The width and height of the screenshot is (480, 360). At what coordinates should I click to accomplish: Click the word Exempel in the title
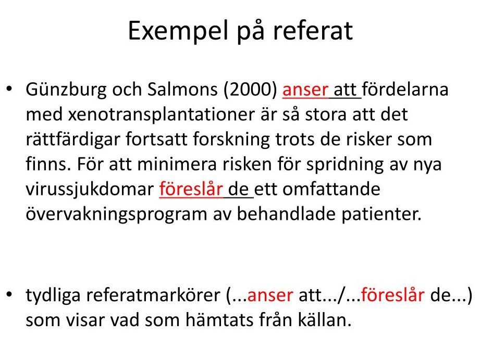[178, 31]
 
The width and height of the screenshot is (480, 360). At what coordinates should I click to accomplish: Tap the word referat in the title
[313, 31]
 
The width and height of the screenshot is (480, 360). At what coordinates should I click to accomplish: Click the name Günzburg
[66, 90]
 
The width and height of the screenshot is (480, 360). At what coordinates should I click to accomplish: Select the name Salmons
[183, 90]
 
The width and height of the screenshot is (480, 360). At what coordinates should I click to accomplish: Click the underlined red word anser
[305, 90]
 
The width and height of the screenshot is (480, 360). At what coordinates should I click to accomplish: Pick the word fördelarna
[405, 90]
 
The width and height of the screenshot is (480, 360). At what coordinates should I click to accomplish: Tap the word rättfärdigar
[73, 140]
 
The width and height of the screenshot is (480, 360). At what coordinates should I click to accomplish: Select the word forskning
[231, 140]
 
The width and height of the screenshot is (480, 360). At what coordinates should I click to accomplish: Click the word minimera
[177, 165]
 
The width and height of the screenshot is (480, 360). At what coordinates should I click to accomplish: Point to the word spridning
[345, 165]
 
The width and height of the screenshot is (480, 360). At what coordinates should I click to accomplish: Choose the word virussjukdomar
[90, 190]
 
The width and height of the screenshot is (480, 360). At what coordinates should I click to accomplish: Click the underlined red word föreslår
[191, 189]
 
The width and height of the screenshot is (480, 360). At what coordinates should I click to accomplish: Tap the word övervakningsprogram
[116, 214]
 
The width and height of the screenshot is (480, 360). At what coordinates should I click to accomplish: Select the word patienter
[381, 214]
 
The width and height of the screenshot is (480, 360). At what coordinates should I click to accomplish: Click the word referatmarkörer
[153, 295]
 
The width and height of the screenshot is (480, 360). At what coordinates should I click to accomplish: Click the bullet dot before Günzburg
[9, 89]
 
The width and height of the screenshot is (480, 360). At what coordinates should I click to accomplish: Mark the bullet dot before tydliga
[9, 294]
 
